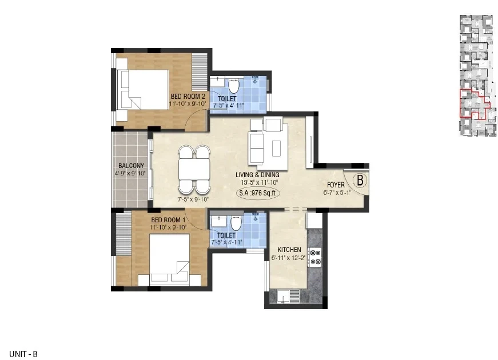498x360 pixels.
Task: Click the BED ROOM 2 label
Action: (x=188, y=96)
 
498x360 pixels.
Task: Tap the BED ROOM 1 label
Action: (x=168, y=219)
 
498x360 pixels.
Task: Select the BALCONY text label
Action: (x=131, y=165)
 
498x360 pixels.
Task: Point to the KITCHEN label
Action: (x=289, y=250)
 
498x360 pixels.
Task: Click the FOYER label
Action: (x=336, y=185)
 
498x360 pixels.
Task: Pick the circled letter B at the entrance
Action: (x=360, y=180)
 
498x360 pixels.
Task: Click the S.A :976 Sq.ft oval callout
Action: (x=258, y=193)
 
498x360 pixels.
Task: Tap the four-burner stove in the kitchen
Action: (x=315, y=257)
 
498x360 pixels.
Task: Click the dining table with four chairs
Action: (x=194, y=170)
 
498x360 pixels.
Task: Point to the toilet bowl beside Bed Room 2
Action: (x=234, y=85)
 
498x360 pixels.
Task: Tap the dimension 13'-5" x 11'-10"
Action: (x=259, y=182)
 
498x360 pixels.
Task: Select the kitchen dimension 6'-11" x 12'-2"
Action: (x=288, y=258)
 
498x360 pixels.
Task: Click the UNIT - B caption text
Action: (x=23, y=354)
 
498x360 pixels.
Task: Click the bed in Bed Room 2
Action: (x=143, y=90)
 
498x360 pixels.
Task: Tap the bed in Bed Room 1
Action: (x=169, y=258)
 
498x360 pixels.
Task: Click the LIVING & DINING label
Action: (x=257, y=175)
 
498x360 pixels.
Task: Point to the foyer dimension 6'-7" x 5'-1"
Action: (x=337, y=193)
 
